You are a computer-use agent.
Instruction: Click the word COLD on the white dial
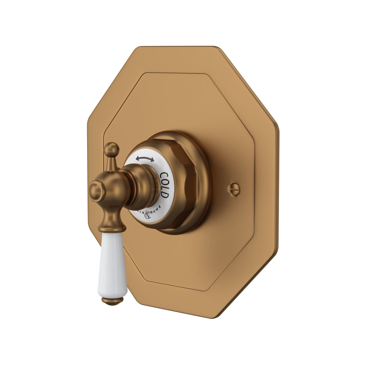pyautogui.click(x=164, y=185)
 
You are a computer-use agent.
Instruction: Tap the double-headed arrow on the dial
pyautogui.click(x=145, y=159)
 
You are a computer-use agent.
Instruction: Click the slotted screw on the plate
pyautogui.click(x=235, y=189)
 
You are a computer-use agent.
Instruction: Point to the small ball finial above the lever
pyautogui.click(x=112, y=149)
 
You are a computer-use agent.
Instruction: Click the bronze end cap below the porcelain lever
pyautogui.click(x=113, y=300)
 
